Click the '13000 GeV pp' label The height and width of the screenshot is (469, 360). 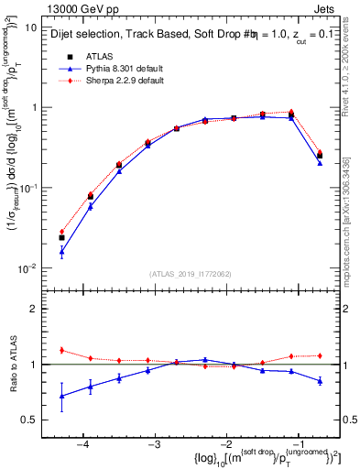coord(76,8)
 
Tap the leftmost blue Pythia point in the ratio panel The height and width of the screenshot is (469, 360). coord(61,396)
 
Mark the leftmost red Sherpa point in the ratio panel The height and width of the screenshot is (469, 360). coord(61,350)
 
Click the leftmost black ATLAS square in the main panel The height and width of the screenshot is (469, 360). coord(61,238)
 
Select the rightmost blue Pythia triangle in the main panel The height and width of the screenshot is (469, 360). coord(320,162)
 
